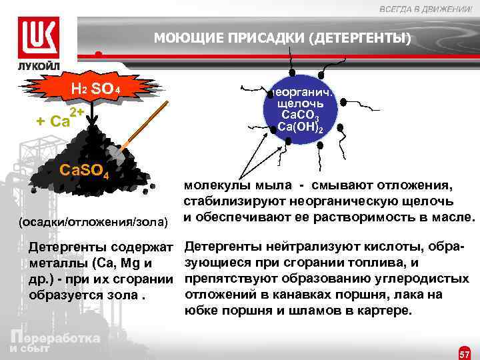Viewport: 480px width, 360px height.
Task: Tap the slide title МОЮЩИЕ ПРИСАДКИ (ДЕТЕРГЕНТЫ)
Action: pos(283,38)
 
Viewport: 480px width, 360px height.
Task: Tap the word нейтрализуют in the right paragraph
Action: pos(283,247)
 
